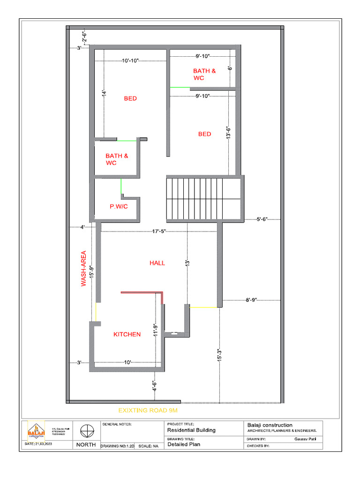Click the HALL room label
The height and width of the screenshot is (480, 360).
[x=157, y=263]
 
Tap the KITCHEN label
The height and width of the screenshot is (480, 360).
[x=127, y=334]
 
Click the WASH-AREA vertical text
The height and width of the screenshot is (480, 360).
[x=83, y=269]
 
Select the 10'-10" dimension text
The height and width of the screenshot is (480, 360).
[x=130, y=60]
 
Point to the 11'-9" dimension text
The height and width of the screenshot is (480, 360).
[x=155, y=331]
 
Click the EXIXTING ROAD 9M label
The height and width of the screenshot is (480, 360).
[x=148, y=410]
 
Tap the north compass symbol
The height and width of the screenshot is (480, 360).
[x=86, y=430]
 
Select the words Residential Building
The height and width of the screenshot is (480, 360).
[x=191, y=430]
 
